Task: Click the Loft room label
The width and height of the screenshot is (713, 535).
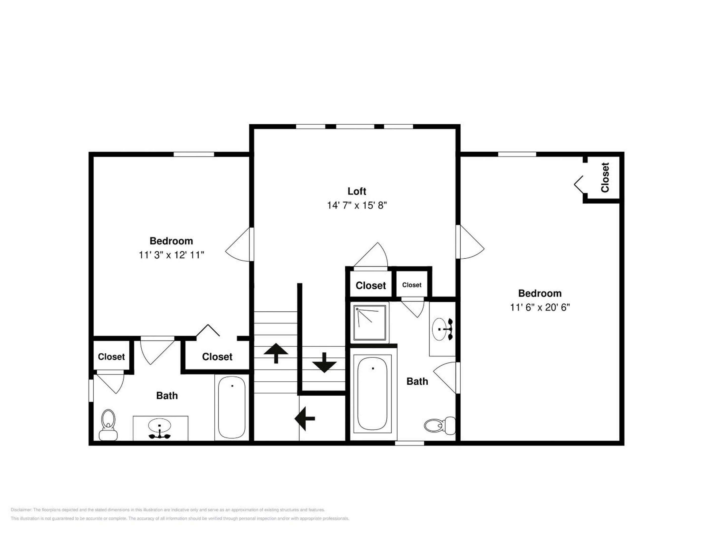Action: click(x=356, y=191)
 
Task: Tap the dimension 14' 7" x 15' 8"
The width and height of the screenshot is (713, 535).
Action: click(x=357, y=205)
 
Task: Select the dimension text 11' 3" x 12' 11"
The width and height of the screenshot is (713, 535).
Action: click(x=171, y=255)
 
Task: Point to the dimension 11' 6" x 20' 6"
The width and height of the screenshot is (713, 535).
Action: click(x=540, y=307)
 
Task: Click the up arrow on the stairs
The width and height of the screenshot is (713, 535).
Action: click(x=276, y=353)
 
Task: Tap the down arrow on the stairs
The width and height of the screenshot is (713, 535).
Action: click(x=324, y=362)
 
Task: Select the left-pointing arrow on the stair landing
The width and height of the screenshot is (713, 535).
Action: click(x=305, y=419)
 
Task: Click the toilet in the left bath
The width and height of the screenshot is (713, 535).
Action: click(x=108, y=425)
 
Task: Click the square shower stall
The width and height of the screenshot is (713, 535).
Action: click(x=370, y=323)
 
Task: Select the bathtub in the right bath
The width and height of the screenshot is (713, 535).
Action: click(x=372, y=393)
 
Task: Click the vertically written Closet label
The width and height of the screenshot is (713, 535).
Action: click(x=605, y=177)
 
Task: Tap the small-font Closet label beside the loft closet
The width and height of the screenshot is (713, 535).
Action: click(x=412, y=285)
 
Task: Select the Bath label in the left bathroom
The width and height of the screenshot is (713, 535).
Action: click(x=167, y=396)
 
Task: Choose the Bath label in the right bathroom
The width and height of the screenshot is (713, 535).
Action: click(x=417, y=381)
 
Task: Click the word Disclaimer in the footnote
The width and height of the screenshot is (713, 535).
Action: click(x=21, y=510)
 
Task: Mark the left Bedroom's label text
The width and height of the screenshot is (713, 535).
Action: click(x=171, y=241)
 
